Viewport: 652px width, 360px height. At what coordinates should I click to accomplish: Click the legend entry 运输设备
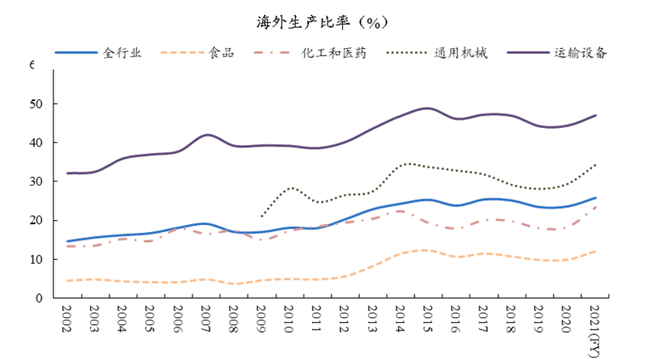pos(581,54)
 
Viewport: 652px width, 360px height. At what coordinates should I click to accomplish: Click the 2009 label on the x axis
pos(261,320)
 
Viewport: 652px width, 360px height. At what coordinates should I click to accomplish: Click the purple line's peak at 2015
pos(426,108)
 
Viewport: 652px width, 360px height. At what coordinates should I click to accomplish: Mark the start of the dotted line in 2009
pos(262,216)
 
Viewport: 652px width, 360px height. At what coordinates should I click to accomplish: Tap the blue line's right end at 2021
pos(595,198)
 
